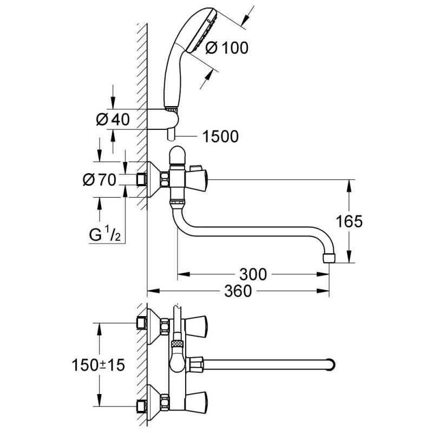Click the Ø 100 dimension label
[227, 48]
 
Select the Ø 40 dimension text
[113, 120]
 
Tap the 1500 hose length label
[220, 137]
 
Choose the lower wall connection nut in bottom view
[142, 404]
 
